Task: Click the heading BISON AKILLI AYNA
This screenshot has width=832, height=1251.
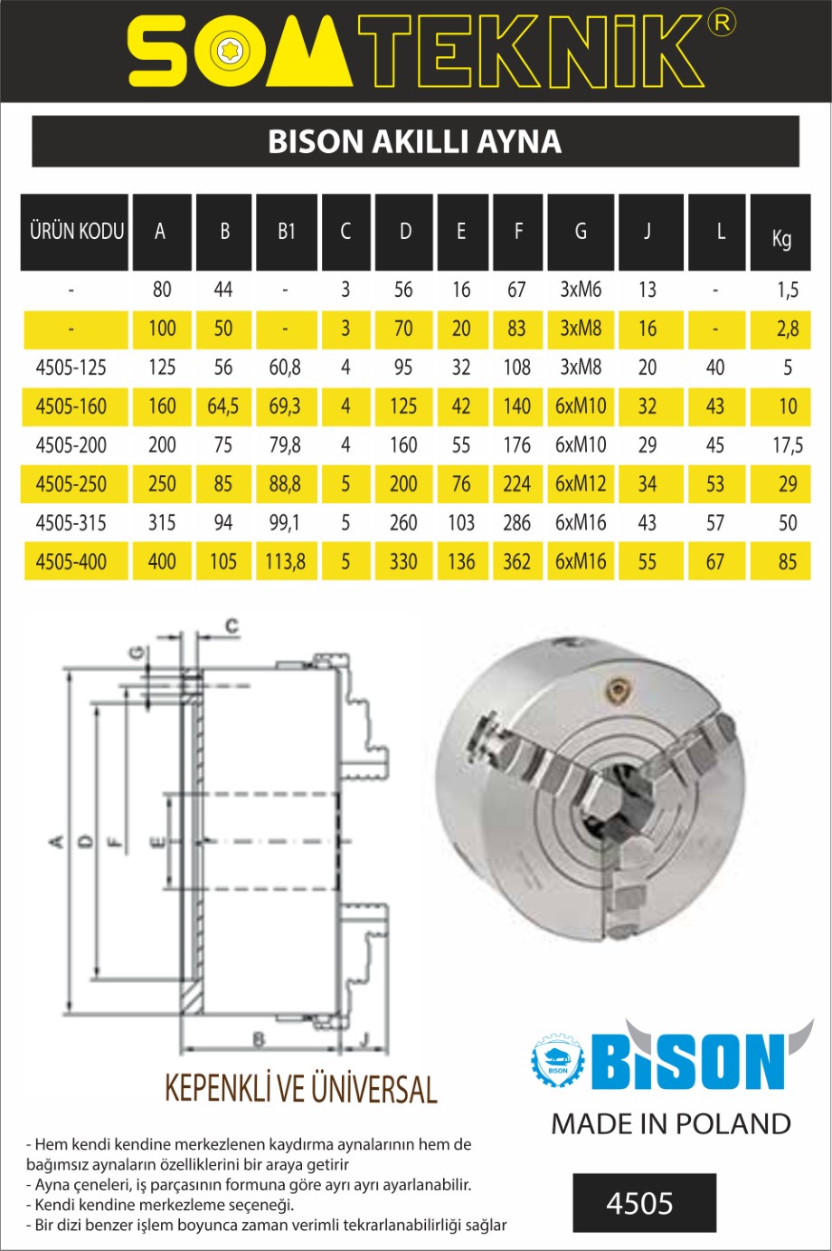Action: coord(414,142)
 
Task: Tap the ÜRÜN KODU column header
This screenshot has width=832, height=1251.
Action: coord(77,231)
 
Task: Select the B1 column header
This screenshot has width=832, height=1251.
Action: coord(287,231)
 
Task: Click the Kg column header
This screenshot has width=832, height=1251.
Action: coord(781,238)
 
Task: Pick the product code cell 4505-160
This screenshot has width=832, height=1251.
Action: coord(71,406)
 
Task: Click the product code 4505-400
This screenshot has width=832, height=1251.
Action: coord(71,562)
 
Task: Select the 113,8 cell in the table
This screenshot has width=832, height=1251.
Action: coord(285,562)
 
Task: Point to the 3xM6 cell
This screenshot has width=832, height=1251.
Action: coord(581,290)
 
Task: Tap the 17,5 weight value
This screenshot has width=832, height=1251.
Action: coord(788,445)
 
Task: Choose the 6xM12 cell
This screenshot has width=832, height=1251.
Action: coord(581,484)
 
